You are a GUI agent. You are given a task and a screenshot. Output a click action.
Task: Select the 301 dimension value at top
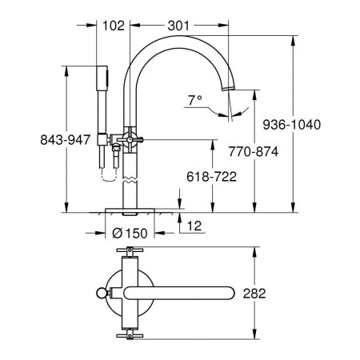(179, 26)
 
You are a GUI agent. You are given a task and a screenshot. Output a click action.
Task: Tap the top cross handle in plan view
(129, 254)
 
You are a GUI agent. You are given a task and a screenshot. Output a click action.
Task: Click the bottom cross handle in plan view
(129, 331)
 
